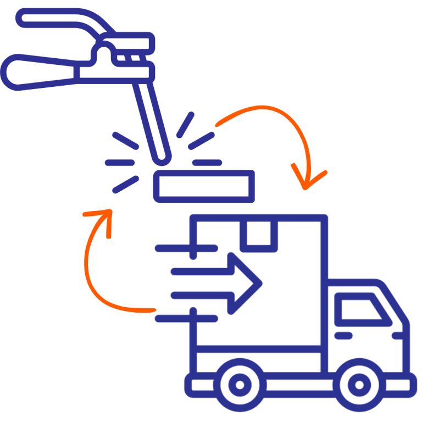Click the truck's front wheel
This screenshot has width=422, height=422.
click(358, 384)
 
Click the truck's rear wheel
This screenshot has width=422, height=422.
click(238, 384)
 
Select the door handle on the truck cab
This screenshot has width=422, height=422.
click(344, 335)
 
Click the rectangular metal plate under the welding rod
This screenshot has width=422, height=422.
click(204, 186)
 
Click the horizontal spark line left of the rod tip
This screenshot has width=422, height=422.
click(120, 163)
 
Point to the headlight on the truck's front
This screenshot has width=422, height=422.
click(399, 335)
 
